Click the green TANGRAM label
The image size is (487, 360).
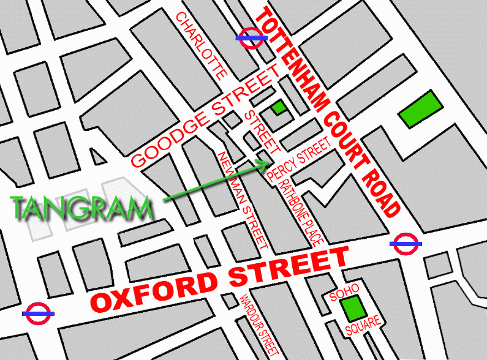pos(82,209)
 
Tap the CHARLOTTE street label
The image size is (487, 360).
pos(202,44)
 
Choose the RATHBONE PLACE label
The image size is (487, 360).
pos(301,208)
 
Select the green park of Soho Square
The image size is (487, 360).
pos(352,309)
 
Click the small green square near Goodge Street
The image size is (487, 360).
pos(279,108)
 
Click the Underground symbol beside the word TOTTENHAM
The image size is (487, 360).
pos(251,37)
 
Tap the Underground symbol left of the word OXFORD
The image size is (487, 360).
pos(39,313)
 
